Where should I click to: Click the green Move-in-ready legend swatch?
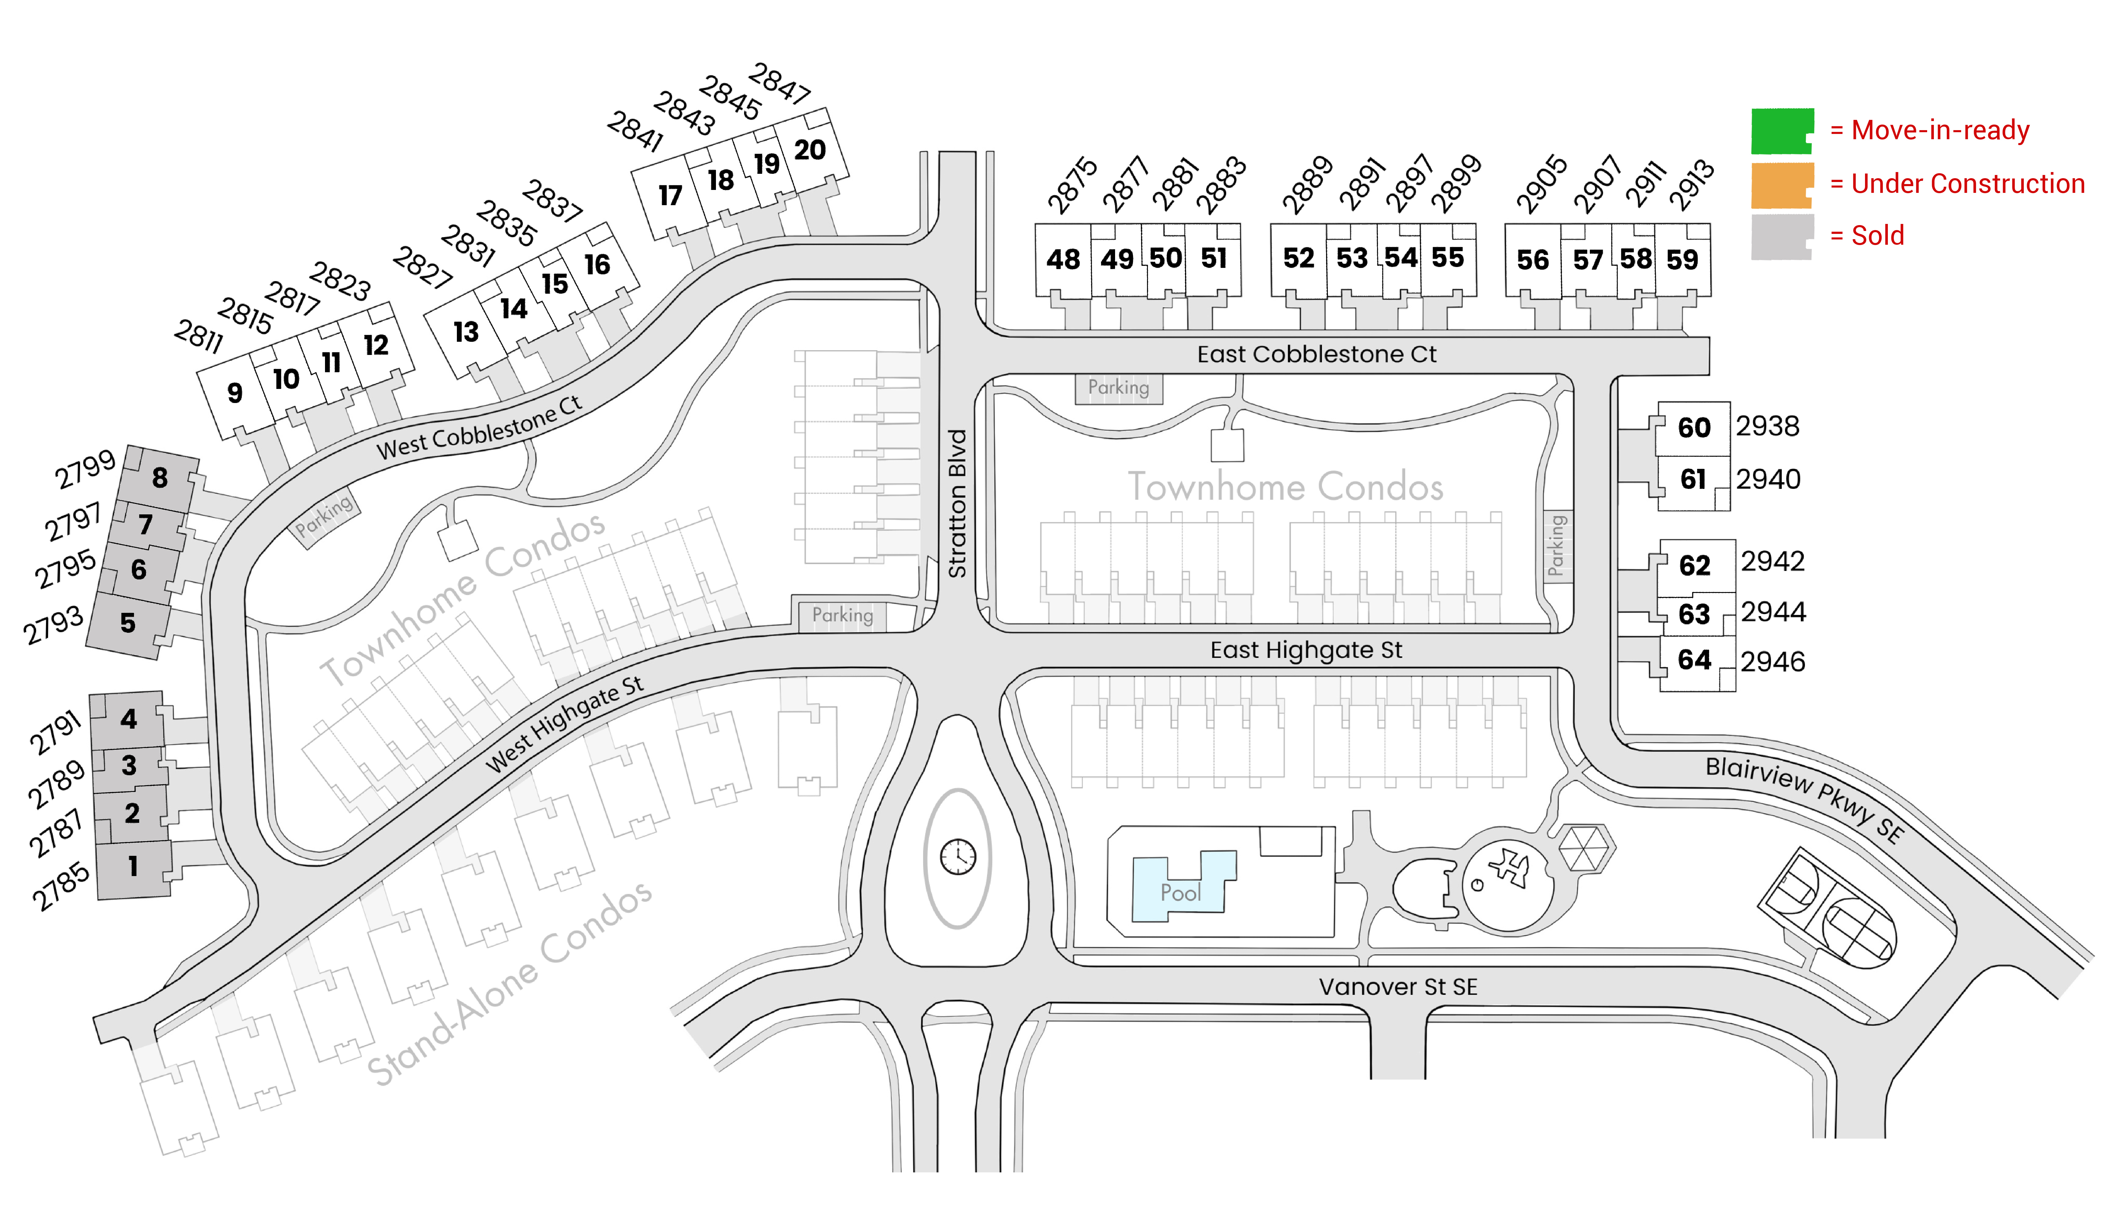[1782, 131]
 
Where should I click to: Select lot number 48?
[1063, 260]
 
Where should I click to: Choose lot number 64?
[1695, 660]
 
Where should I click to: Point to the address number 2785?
[60, 886]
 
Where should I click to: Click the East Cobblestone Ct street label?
[1316, 354]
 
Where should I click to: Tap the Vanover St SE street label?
[1398, 987]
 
